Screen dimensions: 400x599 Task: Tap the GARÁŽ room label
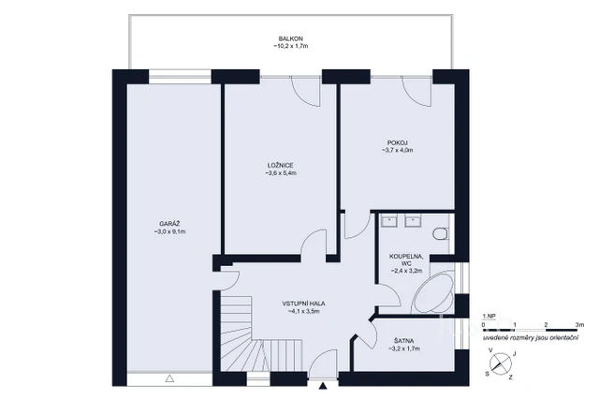pyautogui.click(x=170, y=224)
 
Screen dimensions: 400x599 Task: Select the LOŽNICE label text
pyautogui.click(x=281, y=166)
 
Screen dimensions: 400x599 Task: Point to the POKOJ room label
pyautogui.click(x=397, y=142)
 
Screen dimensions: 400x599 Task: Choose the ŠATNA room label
pyautogui.click(x=404, y=341)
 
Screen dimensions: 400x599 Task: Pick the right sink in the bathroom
pyautogui.click(x=413, y=222)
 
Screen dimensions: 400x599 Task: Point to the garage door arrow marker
pyautogui.click(x=169, y=378)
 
